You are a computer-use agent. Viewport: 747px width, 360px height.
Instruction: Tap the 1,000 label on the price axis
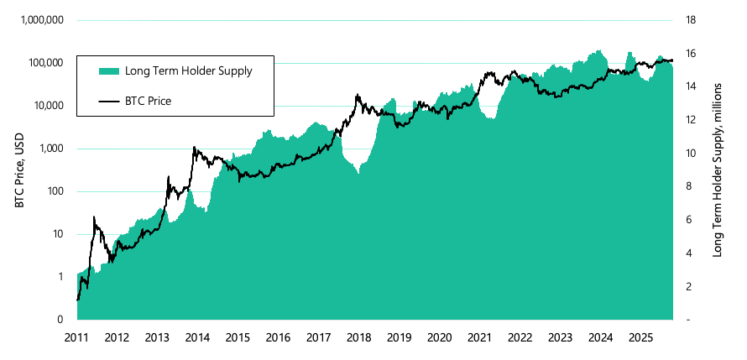pos(51,149)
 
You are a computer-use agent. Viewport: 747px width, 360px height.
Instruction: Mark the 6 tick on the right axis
pos(689,220)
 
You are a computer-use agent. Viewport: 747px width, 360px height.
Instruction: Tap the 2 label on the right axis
pos(689,287)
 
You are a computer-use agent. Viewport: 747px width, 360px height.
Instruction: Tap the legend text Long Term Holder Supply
pos(188,70)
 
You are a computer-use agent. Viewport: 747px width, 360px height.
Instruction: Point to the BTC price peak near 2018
pos(358,95)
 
